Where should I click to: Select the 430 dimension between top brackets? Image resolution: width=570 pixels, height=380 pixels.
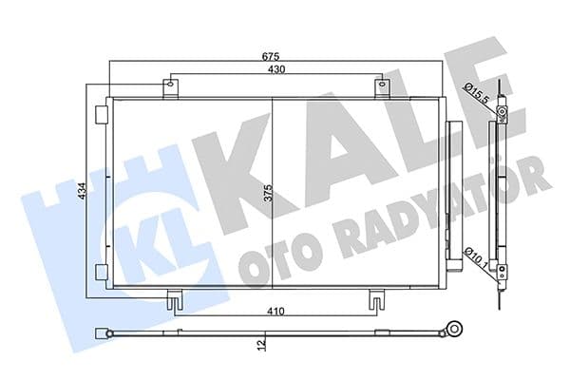(x=276, y=69)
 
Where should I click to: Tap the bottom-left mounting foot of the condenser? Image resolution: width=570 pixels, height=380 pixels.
(x=174, y=300)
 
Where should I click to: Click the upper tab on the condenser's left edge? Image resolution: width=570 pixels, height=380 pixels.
(x=101, y=113)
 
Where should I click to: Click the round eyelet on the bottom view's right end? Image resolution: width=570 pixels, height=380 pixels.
(x=455, y=332)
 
